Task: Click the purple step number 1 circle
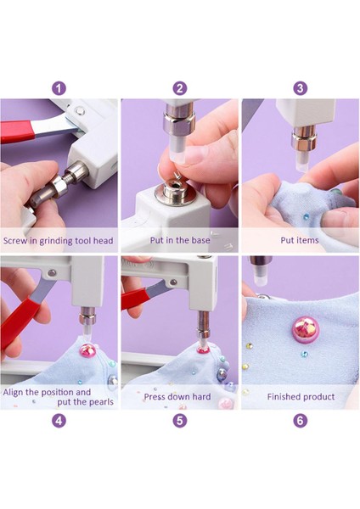tap(59, 88)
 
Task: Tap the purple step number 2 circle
tap(180, 88)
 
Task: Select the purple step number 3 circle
tap(300, 88)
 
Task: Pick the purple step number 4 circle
tap(59, 421)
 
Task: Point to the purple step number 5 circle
tap(180, 421)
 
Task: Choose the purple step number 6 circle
tap(300, 421)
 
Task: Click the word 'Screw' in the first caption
tap(15, 241)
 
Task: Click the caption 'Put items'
tap(300, 240)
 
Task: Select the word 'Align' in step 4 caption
tap(13, 392)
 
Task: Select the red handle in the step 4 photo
tap(18, 325)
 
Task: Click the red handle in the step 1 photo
tap(16, 131)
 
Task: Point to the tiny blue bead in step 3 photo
tap(305, 215)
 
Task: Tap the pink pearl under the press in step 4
tap(87, 350)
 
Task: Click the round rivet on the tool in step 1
tap(79, 112)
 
